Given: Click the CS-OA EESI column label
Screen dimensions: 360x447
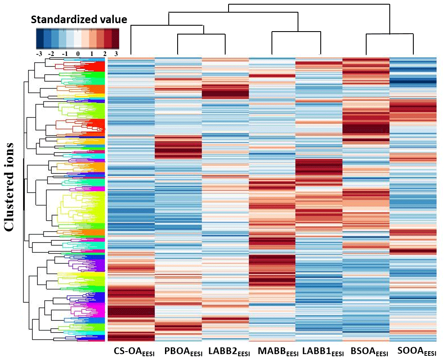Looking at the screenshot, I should [x=134, y=352].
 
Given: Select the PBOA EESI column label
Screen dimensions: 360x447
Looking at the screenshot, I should [x=184, y=352].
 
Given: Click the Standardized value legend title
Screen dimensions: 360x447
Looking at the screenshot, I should [x=79, y=19].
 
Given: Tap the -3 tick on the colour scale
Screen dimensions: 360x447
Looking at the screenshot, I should [x=39, y=54].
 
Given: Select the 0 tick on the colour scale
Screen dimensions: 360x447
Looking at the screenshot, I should [x=78, y=54].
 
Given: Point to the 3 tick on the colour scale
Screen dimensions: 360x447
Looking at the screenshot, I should [x=116, y=54].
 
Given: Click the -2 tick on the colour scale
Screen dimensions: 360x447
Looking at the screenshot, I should [x=52, y=54].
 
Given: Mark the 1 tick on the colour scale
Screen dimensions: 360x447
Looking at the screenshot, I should [x=91, y=54].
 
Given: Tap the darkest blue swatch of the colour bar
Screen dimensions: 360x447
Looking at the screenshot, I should [x=40, y=39].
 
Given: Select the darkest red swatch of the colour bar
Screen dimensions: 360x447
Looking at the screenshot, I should [x=115, y=39].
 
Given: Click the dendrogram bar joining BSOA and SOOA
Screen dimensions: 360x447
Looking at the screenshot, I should [x=389, y=34].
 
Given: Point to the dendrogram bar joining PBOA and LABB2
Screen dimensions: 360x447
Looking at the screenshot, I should [x=201, y=34].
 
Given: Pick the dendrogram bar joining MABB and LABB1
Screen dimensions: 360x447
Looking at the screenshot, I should [x=296, y=32].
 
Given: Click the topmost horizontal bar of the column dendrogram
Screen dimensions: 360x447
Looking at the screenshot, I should [x=309, y=4].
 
